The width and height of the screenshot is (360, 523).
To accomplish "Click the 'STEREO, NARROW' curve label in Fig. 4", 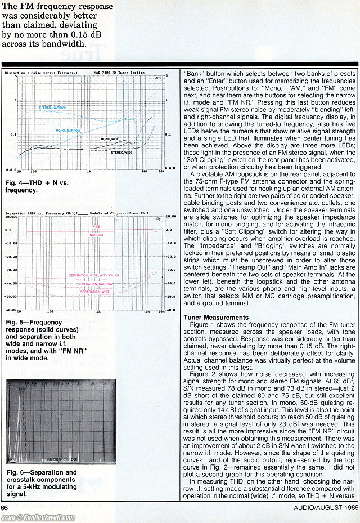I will click(53, 107).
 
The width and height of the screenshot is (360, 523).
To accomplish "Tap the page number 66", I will click(5, 508).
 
